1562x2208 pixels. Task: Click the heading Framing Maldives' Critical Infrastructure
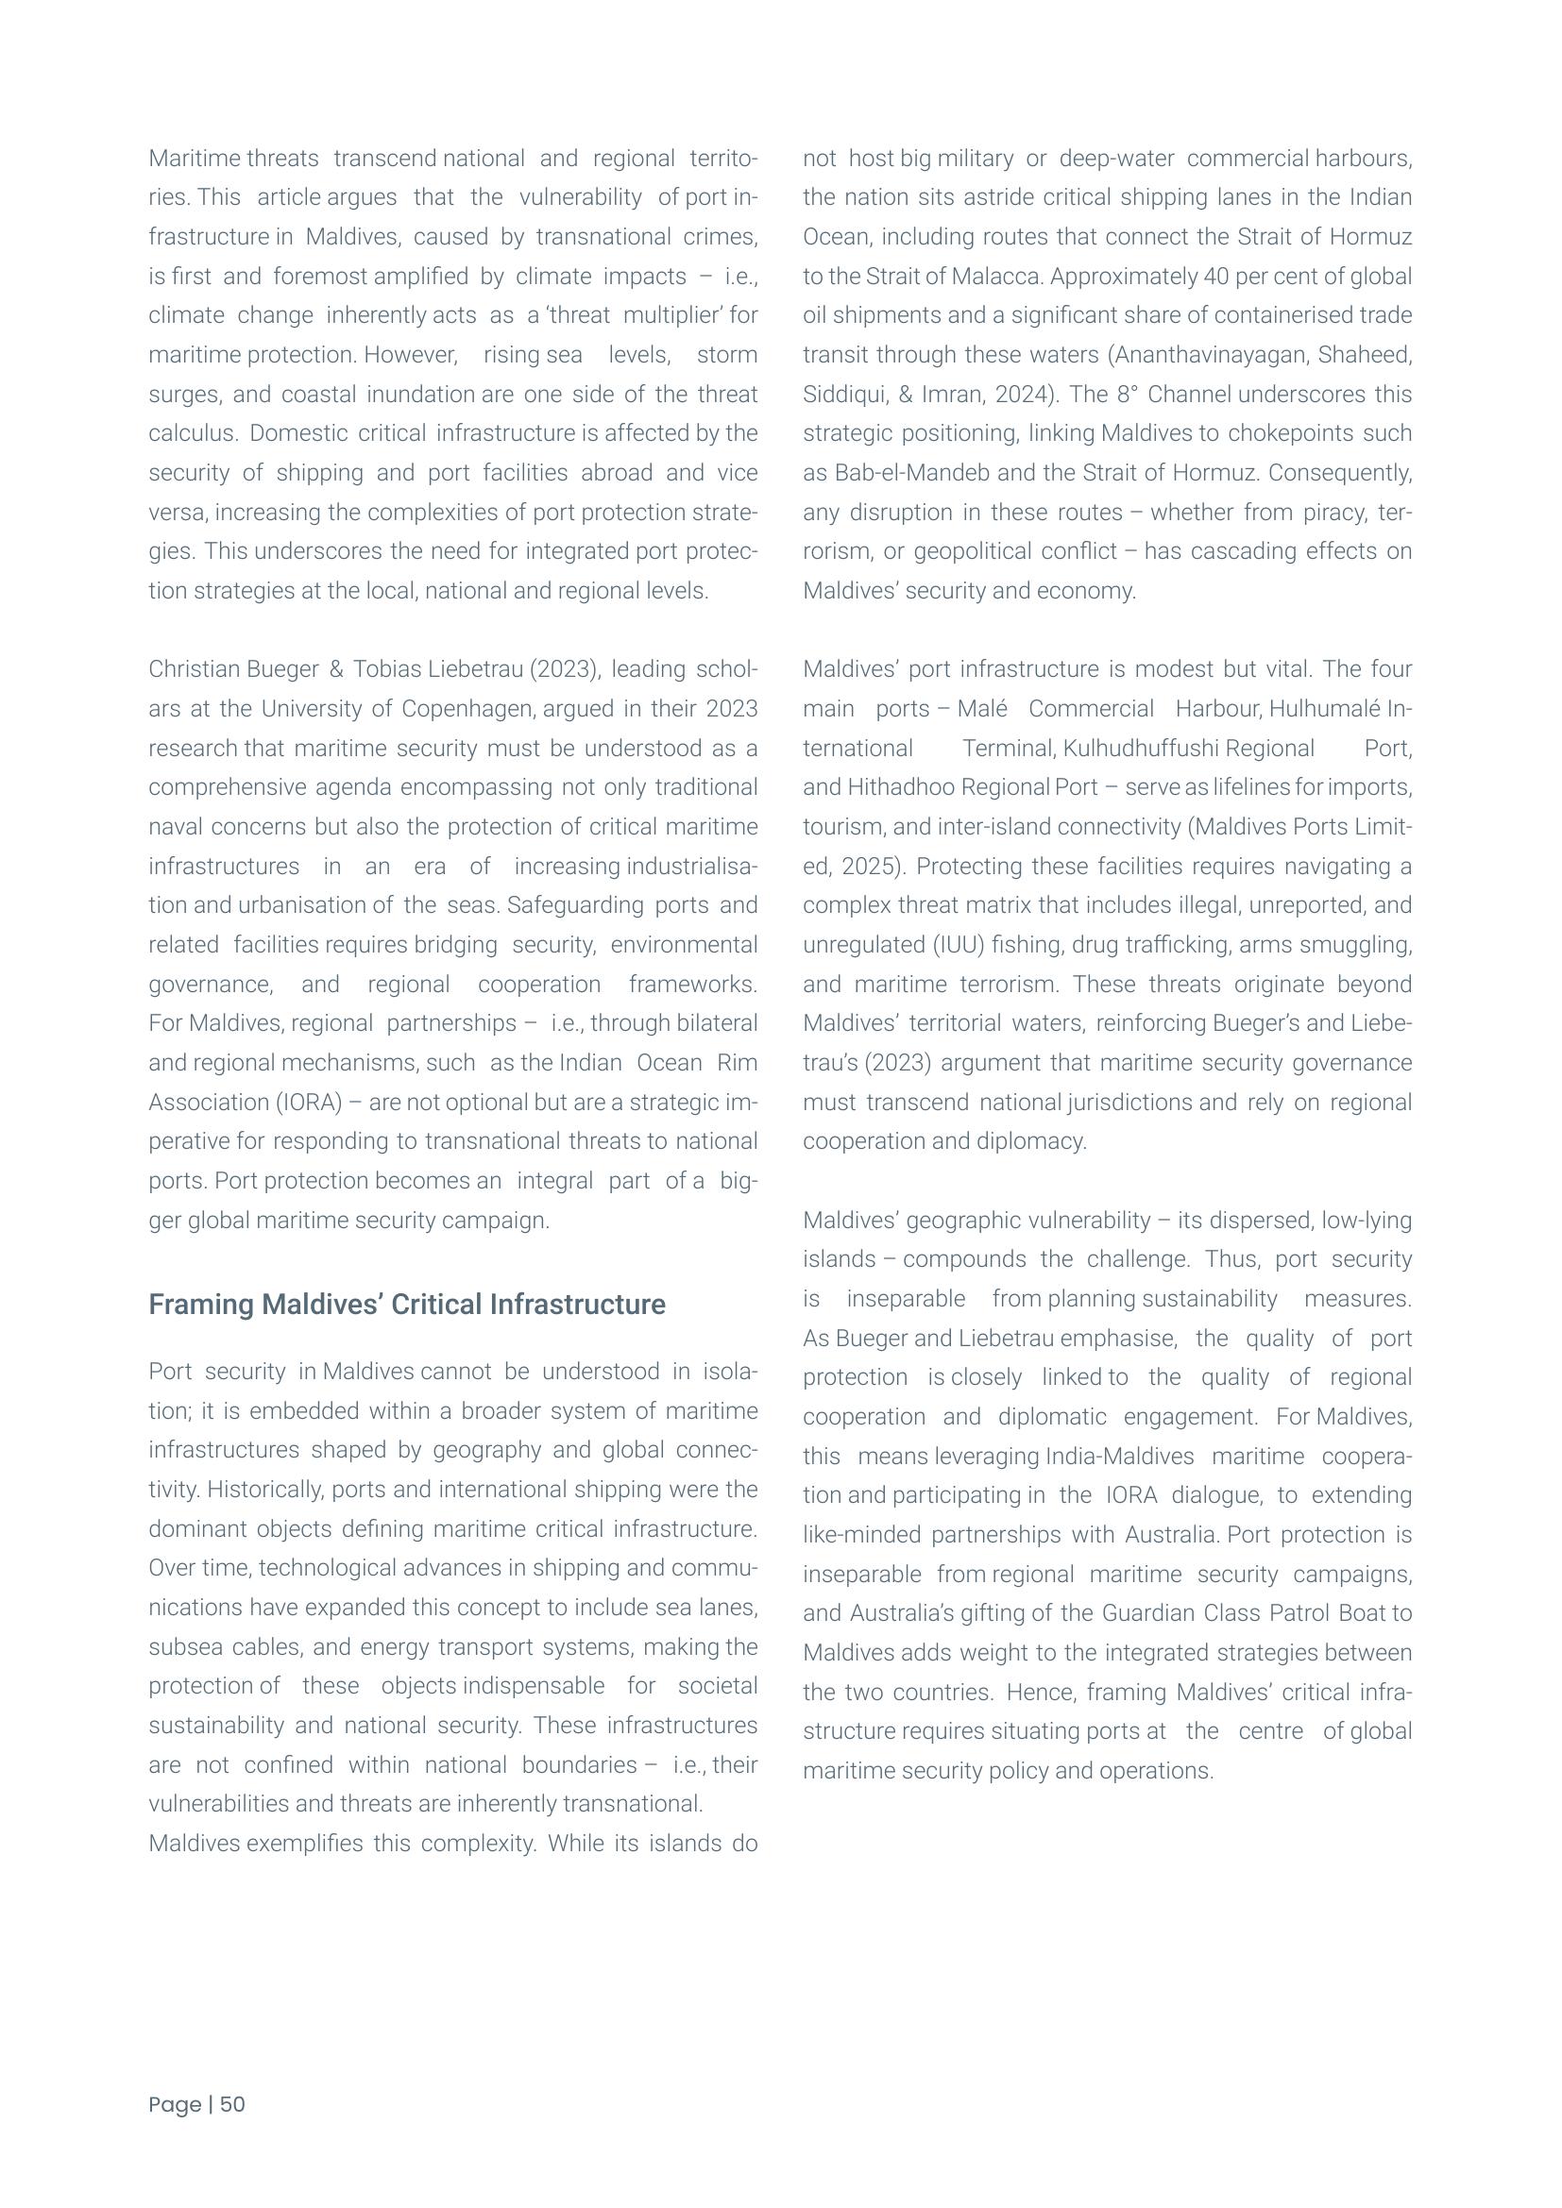click(407, 1304)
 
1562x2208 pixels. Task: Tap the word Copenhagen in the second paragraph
click(467, 709)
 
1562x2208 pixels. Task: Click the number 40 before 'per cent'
click(1215, 276)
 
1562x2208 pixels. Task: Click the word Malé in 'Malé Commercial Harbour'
click(982, 709)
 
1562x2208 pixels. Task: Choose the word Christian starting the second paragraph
click(190, 669)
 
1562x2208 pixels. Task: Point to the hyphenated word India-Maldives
click(1120, 1456)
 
